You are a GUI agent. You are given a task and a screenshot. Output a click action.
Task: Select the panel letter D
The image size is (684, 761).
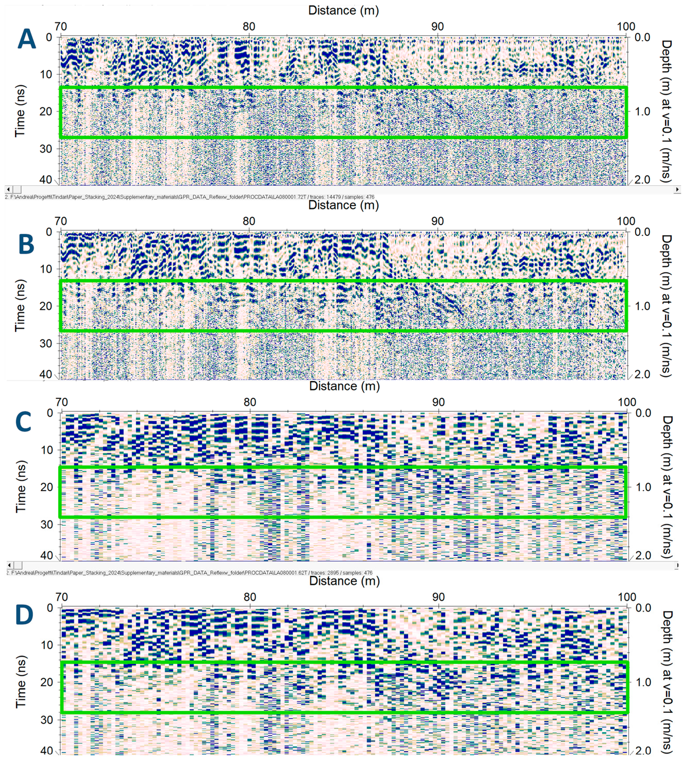(24, 615)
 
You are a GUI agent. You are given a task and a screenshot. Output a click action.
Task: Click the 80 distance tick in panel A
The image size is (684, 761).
(249, 27)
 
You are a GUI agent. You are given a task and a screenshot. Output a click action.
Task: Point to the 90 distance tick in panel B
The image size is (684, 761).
(437, 221)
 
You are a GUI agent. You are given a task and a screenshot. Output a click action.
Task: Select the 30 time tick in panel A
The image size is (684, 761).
(46, 149)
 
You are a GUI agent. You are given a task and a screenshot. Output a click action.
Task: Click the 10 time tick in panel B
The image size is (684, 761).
(46, 269)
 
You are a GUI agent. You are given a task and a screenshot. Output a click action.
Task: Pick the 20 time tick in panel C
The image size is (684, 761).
(47, 487)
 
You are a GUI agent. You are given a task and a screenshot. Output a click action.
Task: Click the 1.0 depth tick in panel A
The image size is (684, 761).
(642, 112)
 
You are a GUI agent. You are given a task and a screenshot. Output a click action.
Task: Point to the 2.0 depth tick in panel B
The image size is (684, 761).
(642, 374)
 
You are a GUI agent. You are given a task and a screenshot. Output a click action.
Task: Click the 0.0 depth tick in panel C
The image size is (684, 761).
(643, 413)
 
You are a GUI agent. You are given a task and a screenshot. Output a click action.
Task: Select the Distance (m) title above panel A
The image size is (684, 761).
(343, 10)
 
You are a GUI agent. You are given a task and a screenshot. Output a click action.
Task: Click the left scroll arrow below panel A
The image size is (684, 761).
(9, 190)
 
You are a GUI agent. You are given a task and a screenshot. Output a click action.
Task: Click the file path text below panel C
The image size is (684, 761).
(190, 573)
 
